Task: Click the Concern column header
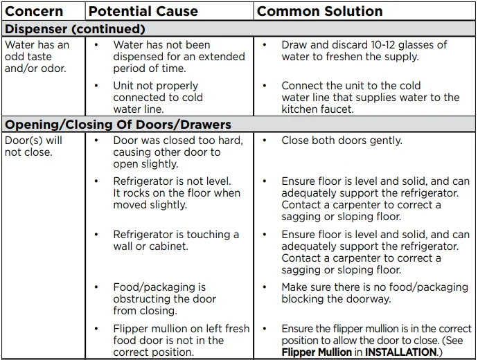[x=34, y=11]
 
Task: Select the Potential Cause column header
[x=143, y=11]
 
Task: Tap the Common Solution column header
[x=319, y=11]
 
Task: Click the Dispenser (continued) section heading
[x=75, y=29]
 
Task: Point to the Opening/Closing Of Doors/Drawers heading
[x=118, y=125]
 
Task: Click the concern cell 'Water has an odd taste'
[x=37, y=57]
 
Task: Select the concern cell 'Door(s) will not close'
[x=33, y=146]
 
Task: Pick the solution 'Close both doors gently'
[x=342, y=141]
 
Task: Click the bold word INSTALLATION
[x=397, y=352]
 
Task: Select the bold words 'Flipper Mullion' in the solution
[x=316, y=352]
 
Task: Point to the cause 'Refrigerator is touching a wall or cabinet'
[x=176, y=240]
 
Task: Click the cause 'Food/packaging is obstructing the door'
[x=165, y=299]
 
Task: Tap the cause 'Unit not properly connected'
[x=158, y=98]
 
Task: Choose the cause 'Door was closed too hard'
[x=178, y=152]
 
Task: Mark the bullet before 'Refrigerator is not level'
[x=97, y=181]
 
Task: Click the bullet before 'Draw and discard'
[x=265, y=45]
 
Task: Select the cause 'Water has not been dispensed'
[x=179, y=57]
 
